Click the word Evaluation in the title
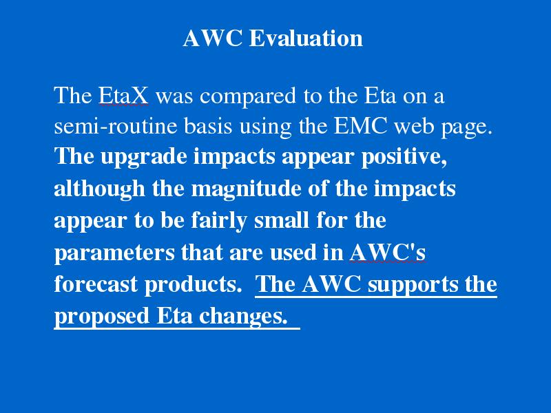point(306,38)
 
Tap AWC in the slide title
point(213,38)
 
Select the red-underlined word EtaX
point(123,95)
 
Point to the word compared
point(248,96)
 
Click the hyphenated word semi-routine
point(116,126)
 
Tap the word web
point(415,126)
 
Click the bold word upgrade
point(144,158)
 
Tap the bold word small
point(282,220)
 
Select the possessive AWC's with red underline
point(388,252)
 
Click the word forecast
point(96,284)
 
